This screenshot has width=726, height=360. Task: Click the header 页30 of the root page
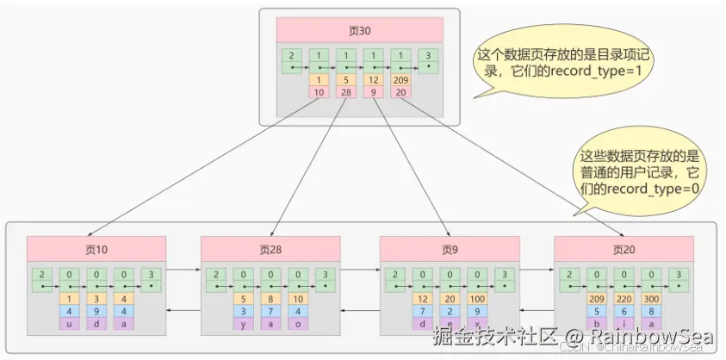pyautogui.click(x=359, y=29)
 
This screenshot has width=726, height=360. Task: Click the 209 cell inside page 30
pyautogui.click(x=400, y=80)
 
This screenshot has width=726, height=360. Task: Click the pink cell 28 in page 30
pyautogui.click(x=345, y=92)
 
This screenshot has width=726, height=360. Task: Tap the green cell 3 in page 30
pyautogui.click(x=428, y=59)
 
